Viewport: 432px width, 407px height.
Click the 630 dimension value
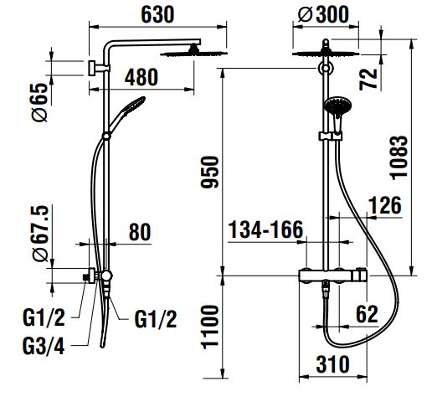click(x=157, y=14)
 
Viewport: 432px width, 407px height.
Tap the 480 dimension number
click(x=141, y=77)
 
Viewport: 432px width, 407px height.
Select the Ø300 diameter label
click(x=323, y=14)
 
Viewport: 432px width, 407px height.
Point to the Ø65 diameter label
click(x=39, y=102)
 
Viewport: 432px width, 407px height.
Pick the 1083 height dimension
click(x=399, y=158)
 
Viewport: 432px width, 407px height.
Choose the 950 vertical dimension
click(x=210, y=173)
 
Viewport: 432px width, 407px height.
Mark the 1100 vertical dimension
click(x=210, y=327)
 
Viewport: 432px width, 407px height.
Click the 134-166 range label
click(x=265, y=229)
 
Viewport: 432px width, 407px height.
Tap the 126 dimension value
click(x=385, y=205)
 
